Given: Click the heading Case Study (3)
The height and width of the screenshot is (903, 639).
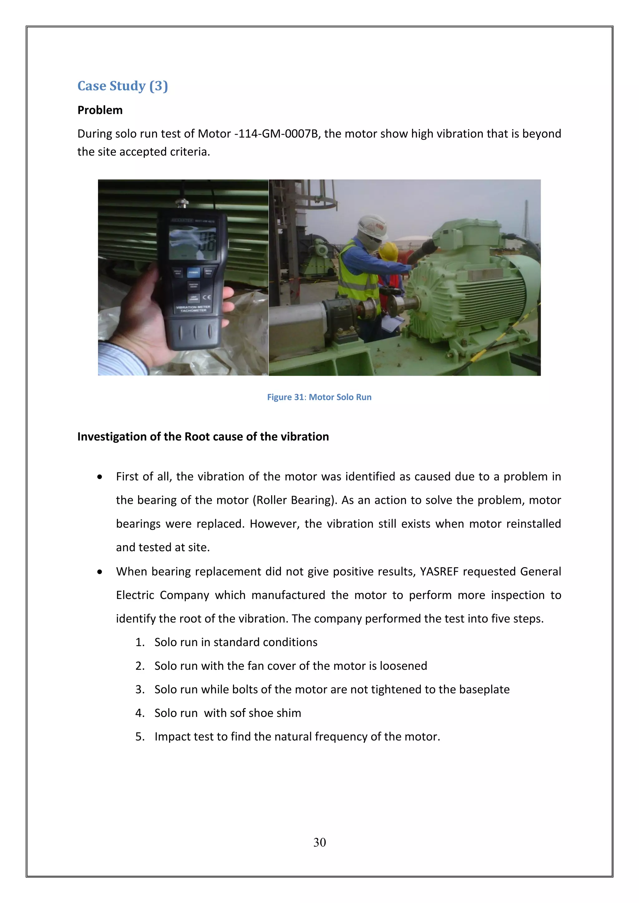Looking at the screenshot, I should pyautogui.click(x=122, y=86).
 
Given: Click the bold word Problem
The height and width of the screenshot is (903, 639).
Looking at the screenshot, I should pyautogui.click(x=100, y=110).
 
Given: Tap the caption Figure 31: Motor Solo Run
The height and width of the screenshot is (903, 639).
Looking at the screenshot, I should pyautogui.click(x=319, y=397).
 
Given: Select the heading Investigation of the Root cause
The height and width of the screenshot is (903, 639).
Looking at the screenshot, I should pyautogui.click(x=202, y=437).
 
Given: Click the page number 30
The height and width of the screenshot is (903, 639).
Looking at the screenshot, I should pyautogui.click(x=319, y=843).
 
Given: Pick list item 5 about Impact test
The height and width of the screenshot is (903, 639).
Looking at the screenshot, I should pyautogui.click(x=297, y=736).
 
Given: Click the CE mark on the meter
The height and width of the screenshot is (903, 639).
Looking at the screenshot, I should pyautogui.click(x=207, y=297).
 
